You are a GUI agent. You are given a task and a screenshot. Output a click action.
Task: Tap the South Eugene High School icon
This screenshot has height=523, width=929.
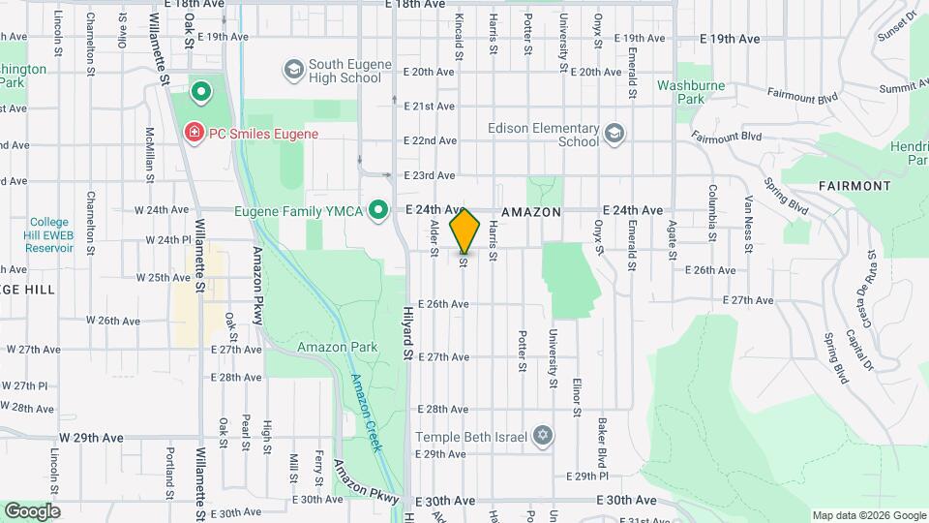[x=293, y=70]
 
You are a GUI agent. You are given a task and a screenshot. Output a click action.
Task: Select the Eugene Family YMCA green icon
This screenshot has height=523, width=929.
[x=379, y=209]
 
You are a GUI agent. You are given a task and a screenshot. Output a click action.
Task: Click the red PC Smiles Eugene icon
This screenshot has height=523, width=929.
[x=194, y=131]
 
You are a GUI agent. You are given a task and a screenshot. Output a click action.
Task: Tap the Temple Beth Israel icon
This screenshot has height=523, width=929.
[x=542, y=436]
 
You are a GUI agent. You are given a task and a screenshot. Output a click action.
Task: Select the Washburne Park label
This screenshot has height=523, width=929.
[x=691, y=92]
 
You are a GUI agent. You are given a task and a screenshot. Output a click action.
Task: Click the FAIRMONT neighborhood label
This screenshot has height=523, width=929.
[x=854, y=185]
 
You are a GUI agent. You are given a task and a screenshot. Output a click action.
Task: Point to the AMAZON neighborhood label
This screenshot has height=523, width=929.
[x=531, y=210]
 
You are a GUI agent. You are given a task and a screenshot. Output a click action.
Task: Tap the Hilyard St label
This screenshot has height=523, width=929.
[x=407, y=332]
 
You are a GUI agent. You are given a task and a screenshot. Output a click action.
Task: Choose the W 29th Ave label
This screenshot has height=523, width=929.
[x=91, y=438]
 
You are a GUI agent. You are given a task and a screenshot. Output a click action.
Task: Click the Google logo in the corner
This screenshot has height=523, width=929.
[x=31, y=510]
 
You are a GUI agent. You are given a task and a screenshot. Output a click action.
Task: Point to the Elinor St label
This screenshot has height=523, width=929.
[x=576, y=397]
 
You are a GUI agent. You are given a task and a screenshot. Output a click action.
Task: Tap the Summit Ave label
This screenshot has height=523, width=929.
[x=897, y=87]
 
